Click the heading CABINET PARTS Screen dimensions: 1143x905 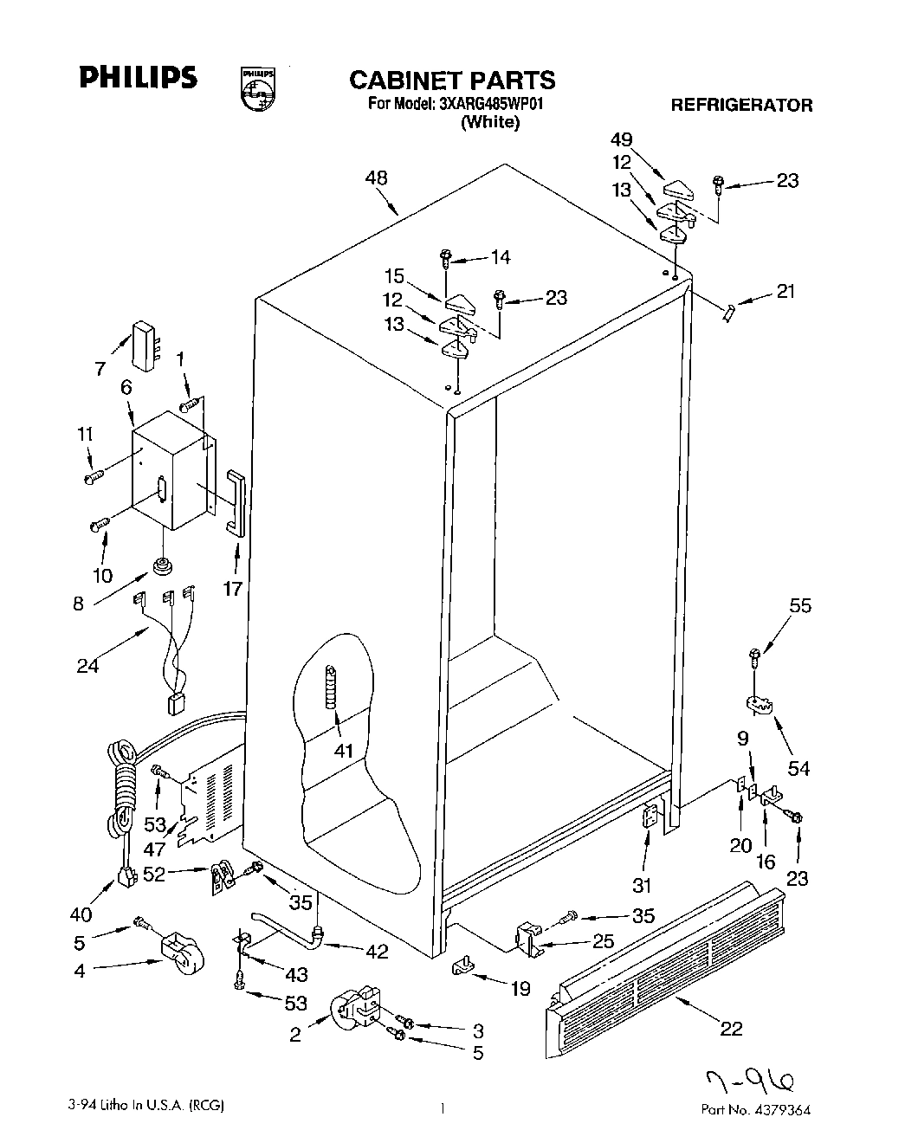pos(452,80)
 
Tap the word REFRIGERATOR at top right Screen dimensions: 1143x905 pos(741,106)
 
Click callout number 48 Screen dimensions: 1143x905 pos(376,178)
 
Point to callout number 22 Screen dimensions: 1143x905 pos(732,1028)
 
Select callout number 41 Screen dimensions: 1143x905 pos(343,750)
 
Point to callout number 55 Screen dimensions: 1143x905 pos(800,606)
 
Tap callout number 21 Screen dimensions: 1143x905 pos(785,292)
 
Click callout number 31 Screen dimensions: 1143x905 pos(642,885)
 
